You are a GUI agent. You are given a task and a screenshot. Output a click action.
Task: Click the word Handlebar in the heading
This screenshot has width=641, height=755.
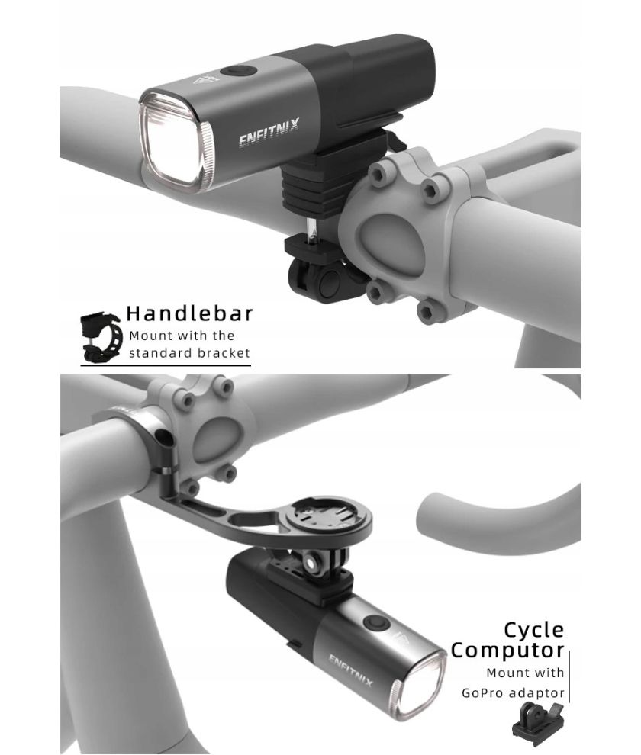(189, 313)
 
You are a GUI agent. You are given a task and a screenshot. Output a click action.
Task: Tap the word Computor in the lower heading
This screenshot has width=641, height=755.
(507, 650)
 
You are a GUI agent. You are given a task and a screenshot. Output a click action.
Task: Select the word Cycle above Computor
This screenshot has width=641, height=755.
(533, 630)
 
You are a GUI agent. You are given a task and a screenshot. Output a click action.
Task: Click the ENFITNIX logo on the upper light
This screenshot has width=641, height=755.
(269, 131)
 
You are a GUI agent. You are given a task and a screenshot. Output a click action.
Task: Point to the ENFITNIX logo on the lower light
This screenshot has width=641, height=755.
(351, 670)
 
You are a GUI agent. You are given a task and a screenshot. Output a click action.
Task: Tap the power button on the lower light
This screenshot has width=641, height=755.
(376, 622)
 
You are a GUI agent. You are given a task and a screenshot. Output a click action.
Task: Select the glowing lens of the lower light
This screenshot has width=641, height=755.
(419, 686)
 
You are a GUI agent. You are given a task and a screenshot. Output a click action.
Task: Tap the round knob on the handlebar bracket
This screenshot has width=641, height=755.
(330, 281)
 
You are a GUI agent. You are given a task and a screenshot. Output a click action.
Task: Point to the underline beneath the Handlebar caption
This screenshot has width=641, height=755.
(166, 365)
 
